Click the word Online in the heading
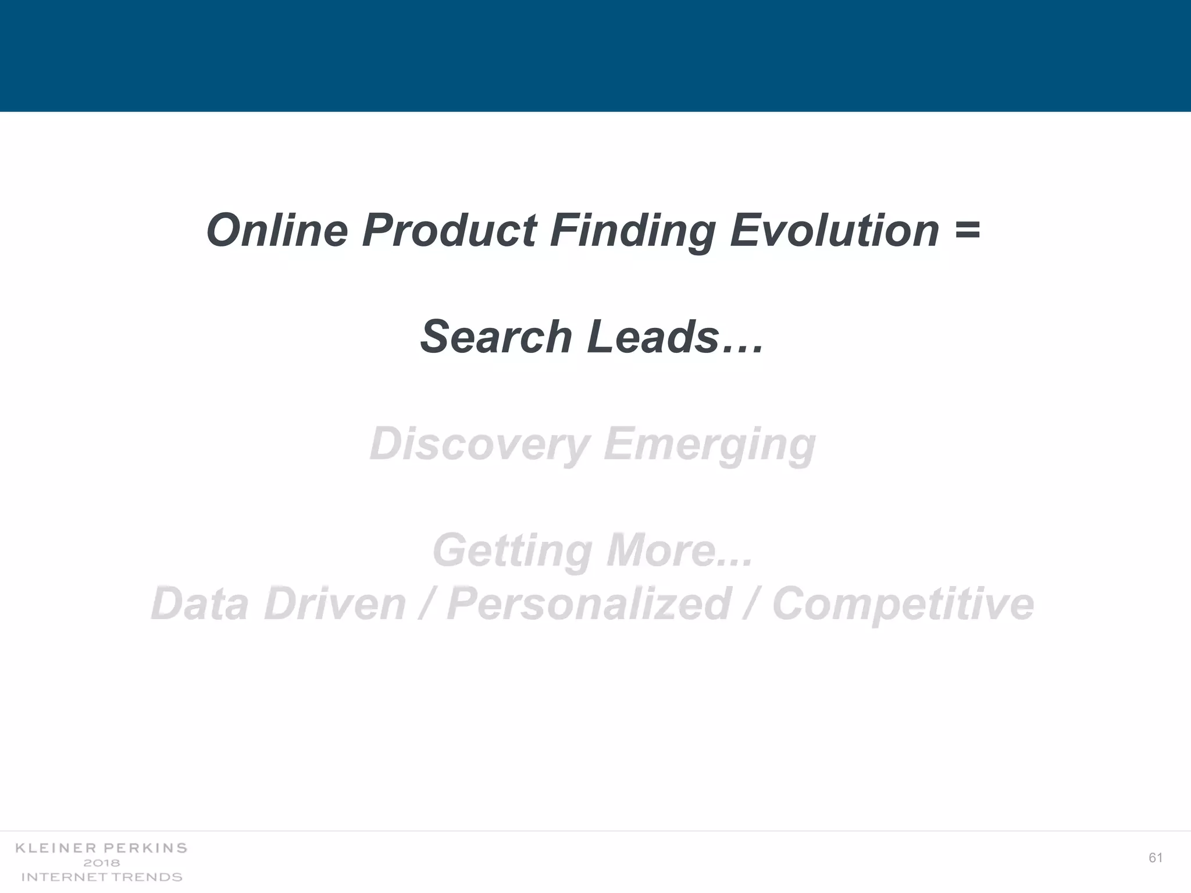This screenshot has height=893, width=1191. [277, 230]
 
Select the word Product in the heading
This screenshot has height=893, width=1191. [449, 230]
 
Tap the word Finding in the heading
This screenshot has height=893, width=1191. [633, 231]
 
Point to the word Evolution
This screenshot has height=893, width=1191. [835, 230]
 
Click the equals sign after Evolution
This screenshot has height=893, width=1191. [967, 230]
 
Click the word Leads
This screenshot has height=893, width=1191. [653, 337]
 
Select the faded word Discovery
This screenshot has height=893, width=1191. [480, 444]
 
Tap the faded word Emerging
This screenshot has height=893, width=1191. [709, 444]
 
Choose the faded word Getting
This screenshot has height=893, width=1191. [512, 551]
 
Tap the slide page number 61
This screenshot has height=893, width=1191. [1156, 858]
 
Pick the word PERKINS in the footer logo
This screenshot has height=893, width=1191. [145, 848]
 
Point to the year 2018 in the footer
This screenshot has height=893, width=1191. [102, 863]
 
